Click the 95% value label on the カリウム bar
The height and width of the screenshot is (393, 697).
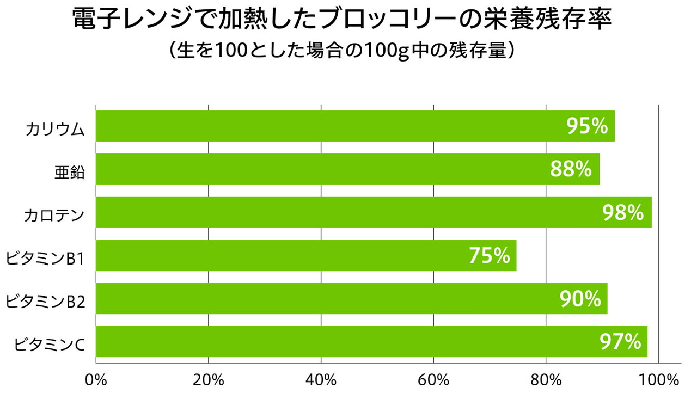(587, 126)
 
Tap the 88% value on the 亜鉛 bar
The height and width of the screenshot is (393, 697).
(571, 169)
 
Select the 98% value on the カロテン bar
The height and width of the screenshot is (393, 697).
(623, 212)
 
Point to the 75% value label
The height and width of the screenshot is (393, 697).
(489, 255)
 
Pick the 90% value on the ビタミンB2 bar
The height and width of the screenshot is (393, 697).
(580, 298)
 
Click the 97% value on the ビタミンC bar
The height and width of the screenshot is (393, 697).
(620, 342)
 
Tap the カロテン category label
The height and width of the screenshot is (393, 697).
(54, 216)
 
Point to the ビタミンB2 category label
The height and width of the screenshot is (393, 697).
(45, 301)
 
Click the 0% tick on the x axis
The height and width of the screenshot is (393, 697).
(96, 380)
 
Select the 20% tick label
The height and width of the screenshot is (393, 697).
(209, 380)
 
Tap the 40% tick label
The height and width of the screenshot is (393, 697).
(321, 380)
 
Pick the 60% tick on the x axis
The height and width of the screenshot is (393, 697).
(433, 380)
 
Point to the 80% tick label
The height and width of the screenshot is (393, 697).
(546, 380)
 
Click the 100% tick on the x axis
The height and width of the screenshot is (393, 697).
(660, 380)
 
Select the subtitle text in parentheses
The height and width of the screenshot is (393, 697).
(342, 52)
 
